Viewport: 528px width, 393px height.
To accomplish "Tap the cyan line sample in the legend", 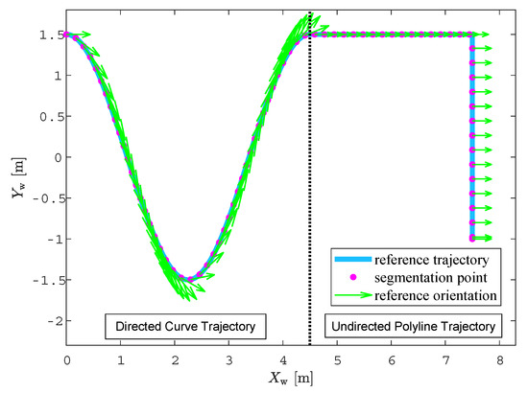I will point(352,260).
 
